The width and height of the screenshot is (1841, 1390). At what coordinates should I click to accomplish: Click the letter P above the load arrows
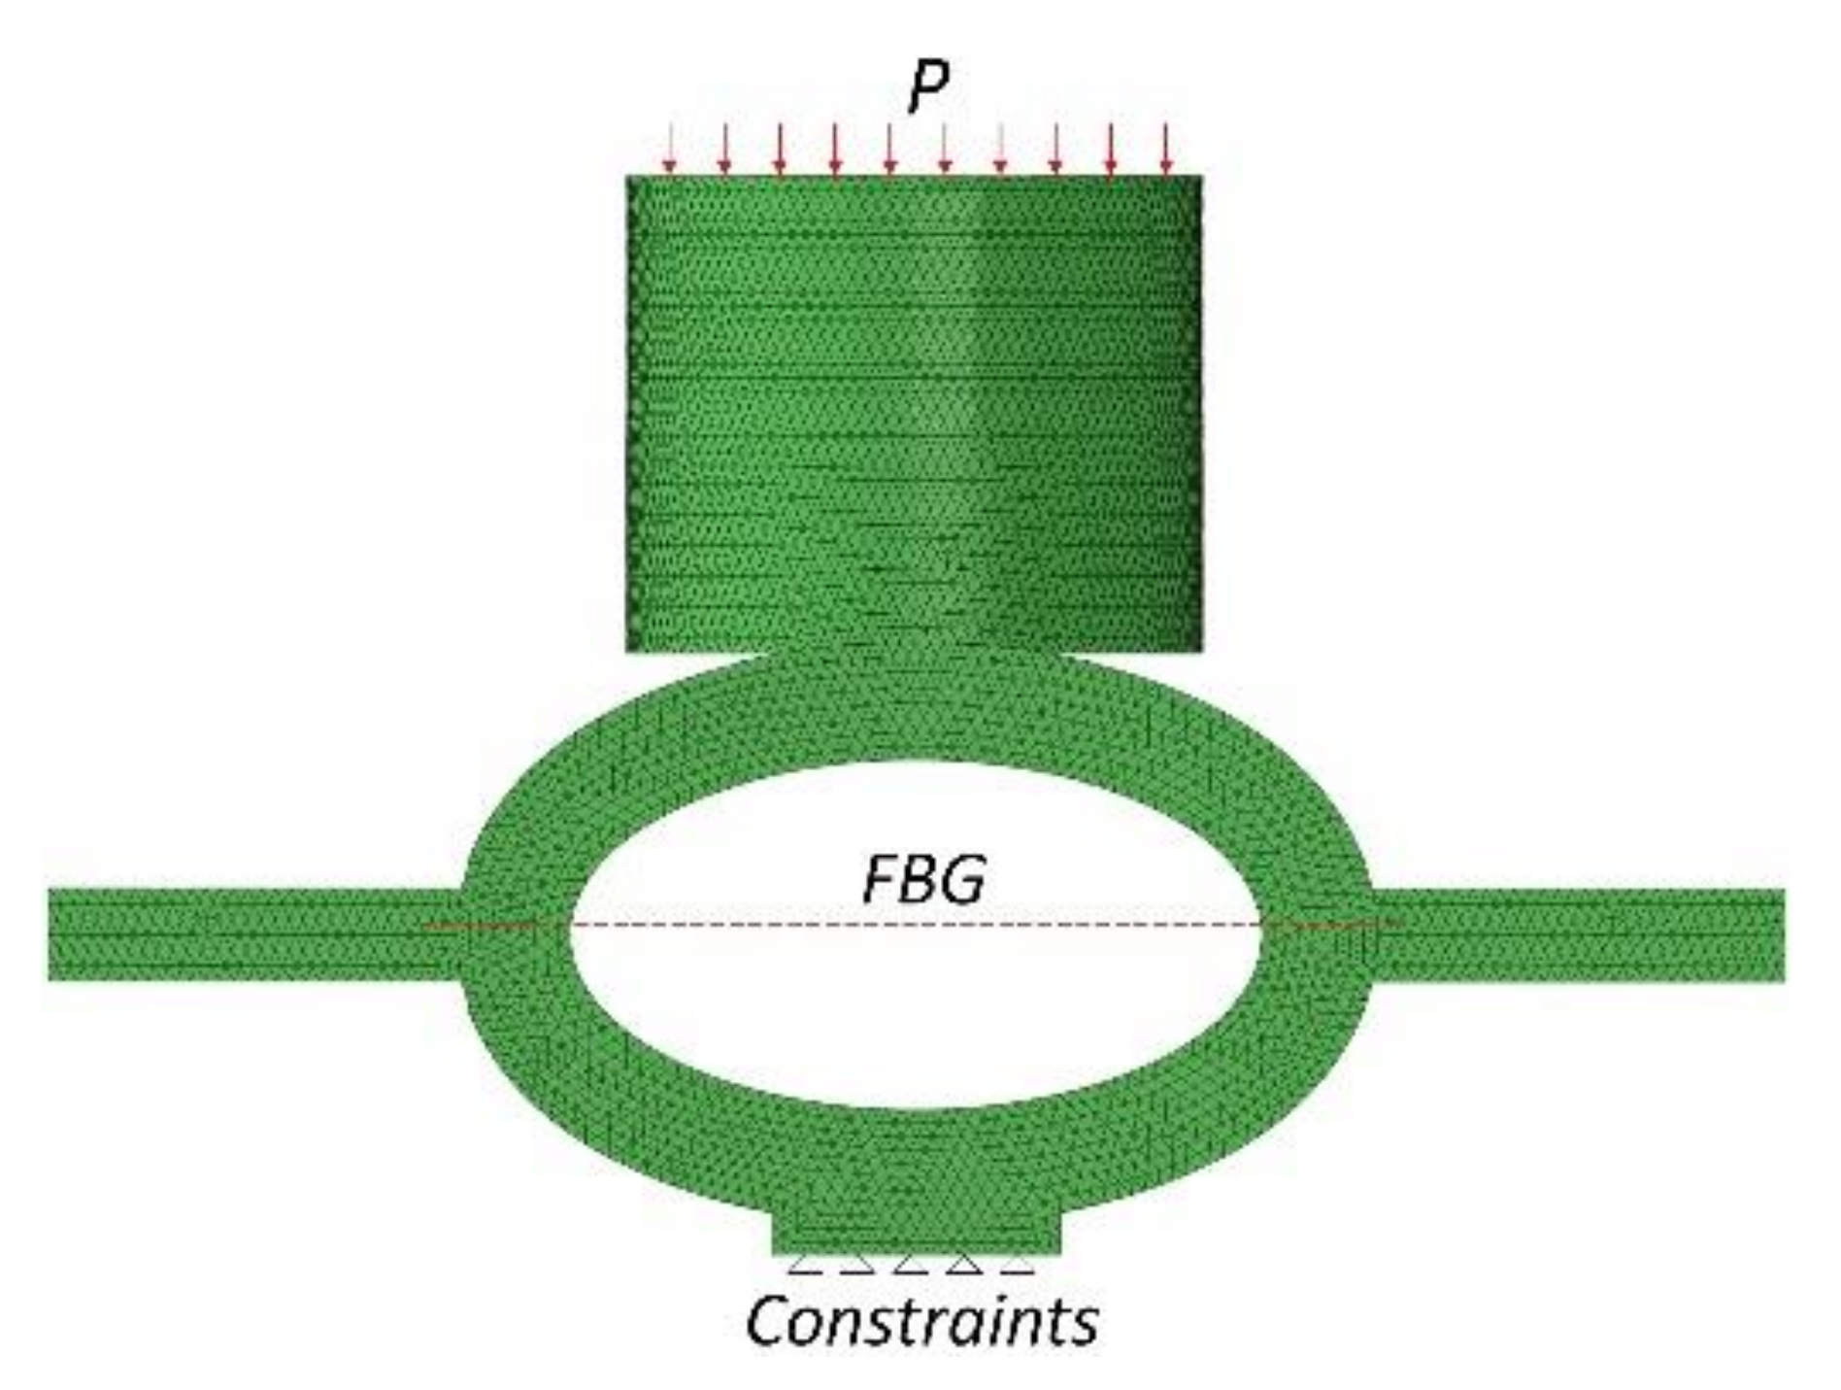pyautogui.click(x=927, y=87)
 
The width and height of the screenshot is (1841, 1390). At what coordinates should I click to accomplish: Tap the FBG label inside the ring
pyautogui.click(x=923, y=878)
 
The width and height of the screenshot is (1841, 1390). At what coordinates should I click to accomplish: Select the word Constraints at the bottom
pyautogui.click(x=921, y=1320)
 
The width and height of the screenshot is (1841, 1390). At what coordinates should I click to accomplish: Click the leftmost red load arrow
pyautogui.click(x=669, y=150)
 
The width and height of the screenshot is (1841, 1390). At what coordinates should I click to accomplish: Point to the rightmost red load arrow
pyautogui.click(x=1167, y=150)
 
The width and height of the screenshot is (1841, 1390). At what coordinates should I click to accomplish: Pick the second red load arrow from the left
pyautogui.click(x=724, y=150)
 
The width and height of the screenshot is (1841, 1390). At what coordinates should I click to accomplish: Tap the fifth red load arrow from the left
pyautogui.click(x=890, y=150)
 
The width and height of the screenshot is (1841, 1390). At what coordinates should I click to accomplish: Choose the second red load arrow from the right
pyautogui.click(x=1112, y=150)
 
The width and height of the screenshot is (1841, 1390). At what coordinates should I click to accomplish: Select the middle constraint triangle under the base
pyautogui.click(x=909, y=1264)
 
